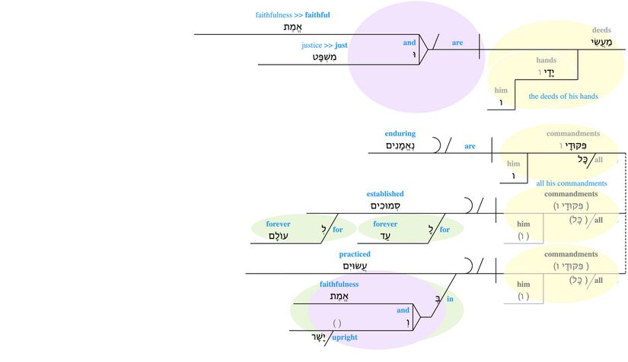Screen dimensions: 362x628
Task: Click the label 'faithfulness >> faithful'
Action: click(292, 15)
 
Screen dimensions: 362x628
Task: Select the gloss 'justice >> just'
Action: click(324, 46)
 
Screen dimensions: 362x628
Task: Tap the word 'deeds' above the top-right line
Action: click(601, 30)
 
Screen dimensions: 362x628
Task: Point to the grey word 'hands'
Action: click(546, 60)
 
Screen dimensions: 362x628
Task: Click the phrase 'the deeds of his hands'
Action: click(563, 97)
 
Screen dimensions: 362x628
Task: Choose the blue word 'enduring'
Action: click(400, 134)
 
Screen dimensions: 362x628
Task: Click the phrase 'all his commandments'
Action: click(572, 183)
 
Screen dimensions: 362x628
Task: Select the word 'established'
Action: click(385, 194)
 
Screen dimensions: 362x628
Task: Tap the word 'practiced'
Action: click(355, 254)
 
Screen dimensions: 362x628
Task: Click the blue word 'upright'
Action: click(345, 337)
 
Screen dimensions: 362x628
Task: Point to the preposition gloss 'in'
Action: click(450, 299)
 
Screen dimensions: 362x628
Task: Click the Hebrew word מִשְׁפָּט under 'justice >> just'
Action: click(325, 57)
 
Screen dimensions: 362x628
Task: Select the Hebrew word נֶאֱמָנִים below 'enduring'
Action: click(400, 145)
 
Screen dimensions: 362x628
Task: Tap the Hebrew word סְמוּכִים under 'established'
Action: click(385, 205)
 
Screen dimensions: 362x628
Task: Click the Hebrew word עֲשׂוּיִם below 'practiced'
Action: click(355, 265)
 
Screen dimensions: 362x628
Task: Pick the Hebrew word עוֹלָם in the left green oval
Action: click(279, 236)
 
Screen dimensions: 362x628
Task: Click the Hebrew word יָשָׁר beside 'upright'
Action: click(312, 337)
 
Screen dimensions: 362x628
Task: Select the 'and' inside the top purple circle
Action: click(410, 43)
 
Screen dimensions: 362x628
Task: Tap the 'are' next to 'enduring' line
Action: click(470, 146)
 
